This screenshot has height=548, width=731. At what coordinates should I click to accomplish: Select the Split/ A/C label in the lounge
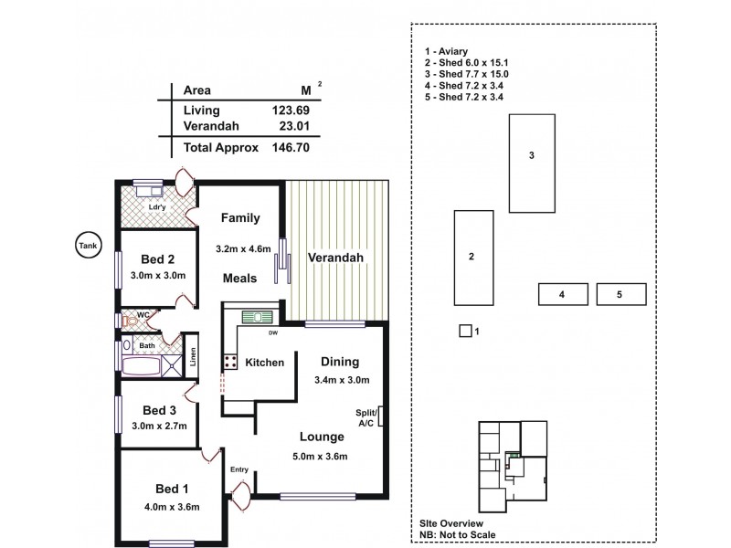366,417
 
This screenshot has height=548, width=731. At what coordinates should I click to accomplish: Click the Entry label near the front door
239,469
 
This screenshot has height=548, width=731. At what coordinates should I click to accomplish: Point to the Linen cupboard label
193,358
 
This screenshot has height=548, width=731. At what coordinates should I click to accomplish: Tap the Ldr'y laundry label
157,207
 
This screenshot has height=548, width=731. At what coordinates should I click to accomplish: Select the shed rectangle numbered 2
472,258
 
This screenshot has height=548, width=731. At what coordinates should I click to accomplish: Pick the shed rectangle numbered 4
562,294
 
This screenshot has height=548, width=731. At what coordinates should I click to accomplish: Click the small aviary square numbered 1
465,331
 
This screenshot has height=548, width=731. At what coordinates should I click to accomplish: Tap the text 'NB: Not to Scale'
463,535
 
